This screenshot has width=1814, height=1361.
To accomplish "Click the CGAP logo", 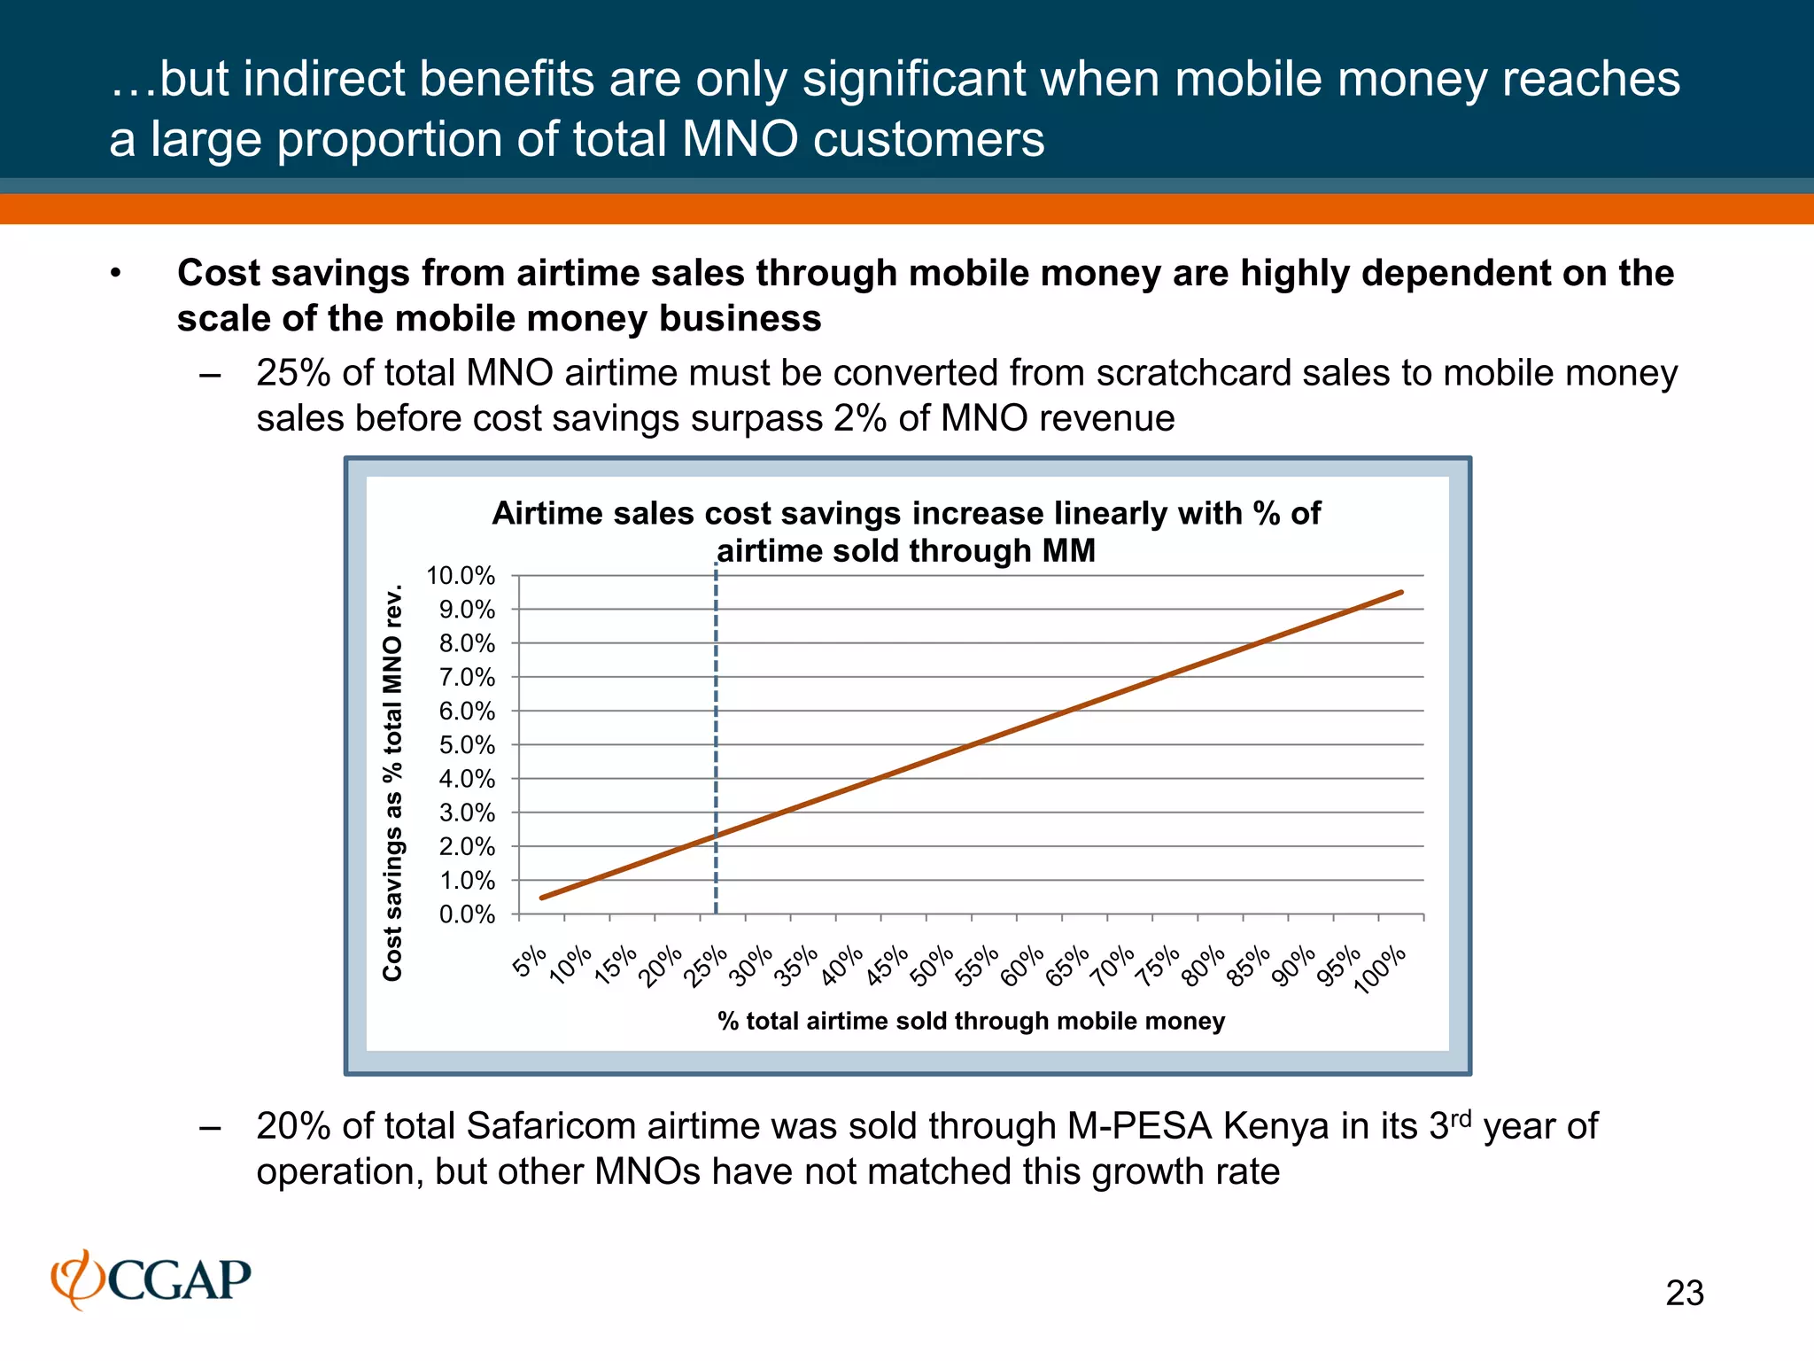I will tap(151, 1279).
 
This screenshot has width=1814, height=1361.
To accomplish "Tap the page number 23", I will tap(1684, 1294).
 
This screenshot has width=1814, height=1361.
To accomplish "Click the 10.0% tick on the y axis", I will tap(461, 576).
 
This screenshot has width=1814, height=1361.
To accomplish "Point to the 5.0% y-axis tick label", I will tap(467, 745).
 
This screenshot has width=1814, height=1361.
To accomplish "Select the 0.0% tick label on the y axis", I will tap(467, 914).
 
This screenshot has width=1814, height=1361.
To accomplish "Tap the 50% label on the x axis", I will tap(934, 967).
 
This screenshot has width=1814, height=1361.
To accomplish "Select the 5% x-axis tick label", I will tap(530, 961).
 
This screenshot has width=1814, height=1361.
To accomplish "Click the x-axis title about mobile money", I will tap(971, 1022).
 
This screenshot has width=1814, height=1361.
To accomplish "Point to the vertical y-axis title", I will tap(392, 782).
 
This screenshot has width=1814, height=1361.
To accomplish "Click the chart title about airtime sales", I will tap(905, 532).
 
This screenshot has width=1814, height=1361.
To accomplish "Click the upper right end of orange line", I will tap(1400, 593).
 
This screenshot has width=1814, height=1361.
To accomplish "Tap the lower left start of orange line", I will tap(543, 898).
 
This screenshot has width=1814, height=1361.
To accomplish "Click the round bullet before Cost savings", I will tap(114, 274).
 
